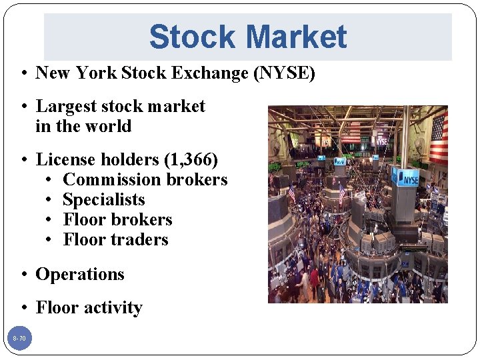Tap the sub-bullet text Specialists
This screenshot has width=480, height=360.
(x=104, y=199)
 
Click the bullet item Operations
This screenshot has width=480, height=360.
(x=80, y=274)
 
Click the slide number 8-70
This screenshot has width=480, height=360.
(x=19, y=339)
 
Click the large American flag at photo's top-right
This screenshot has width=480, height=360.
(x=438, y=137)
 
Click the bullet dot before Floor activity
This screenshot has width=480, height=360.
(x=23, y=308)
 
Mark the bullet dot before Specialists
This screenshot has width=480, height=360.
(x=50, y=200)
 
